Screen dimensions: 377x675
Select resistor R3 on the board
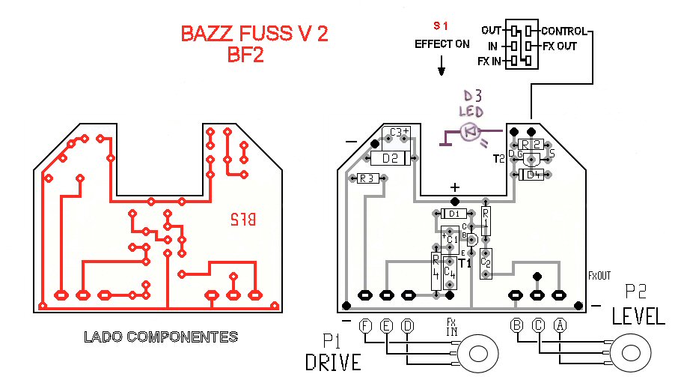[x=367, y=178]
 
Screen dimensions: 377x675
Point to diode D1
[x=454, y=214]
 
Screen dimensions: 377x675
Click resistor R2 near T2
[x=531, y=144]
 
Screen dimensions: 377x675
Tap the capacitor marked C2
[x=486, y=262]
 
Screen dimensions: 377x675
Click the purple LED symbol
[x=470, y=132]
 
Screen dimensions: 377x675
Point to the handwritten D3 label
[x=473, y=97]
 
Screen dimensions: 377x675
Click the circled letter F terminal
[x=365, y=326]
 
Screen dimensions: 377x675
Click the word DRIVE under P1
[x=333, y=362]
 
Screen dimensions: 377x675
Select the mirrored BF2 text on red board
[x=242, y=220]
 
